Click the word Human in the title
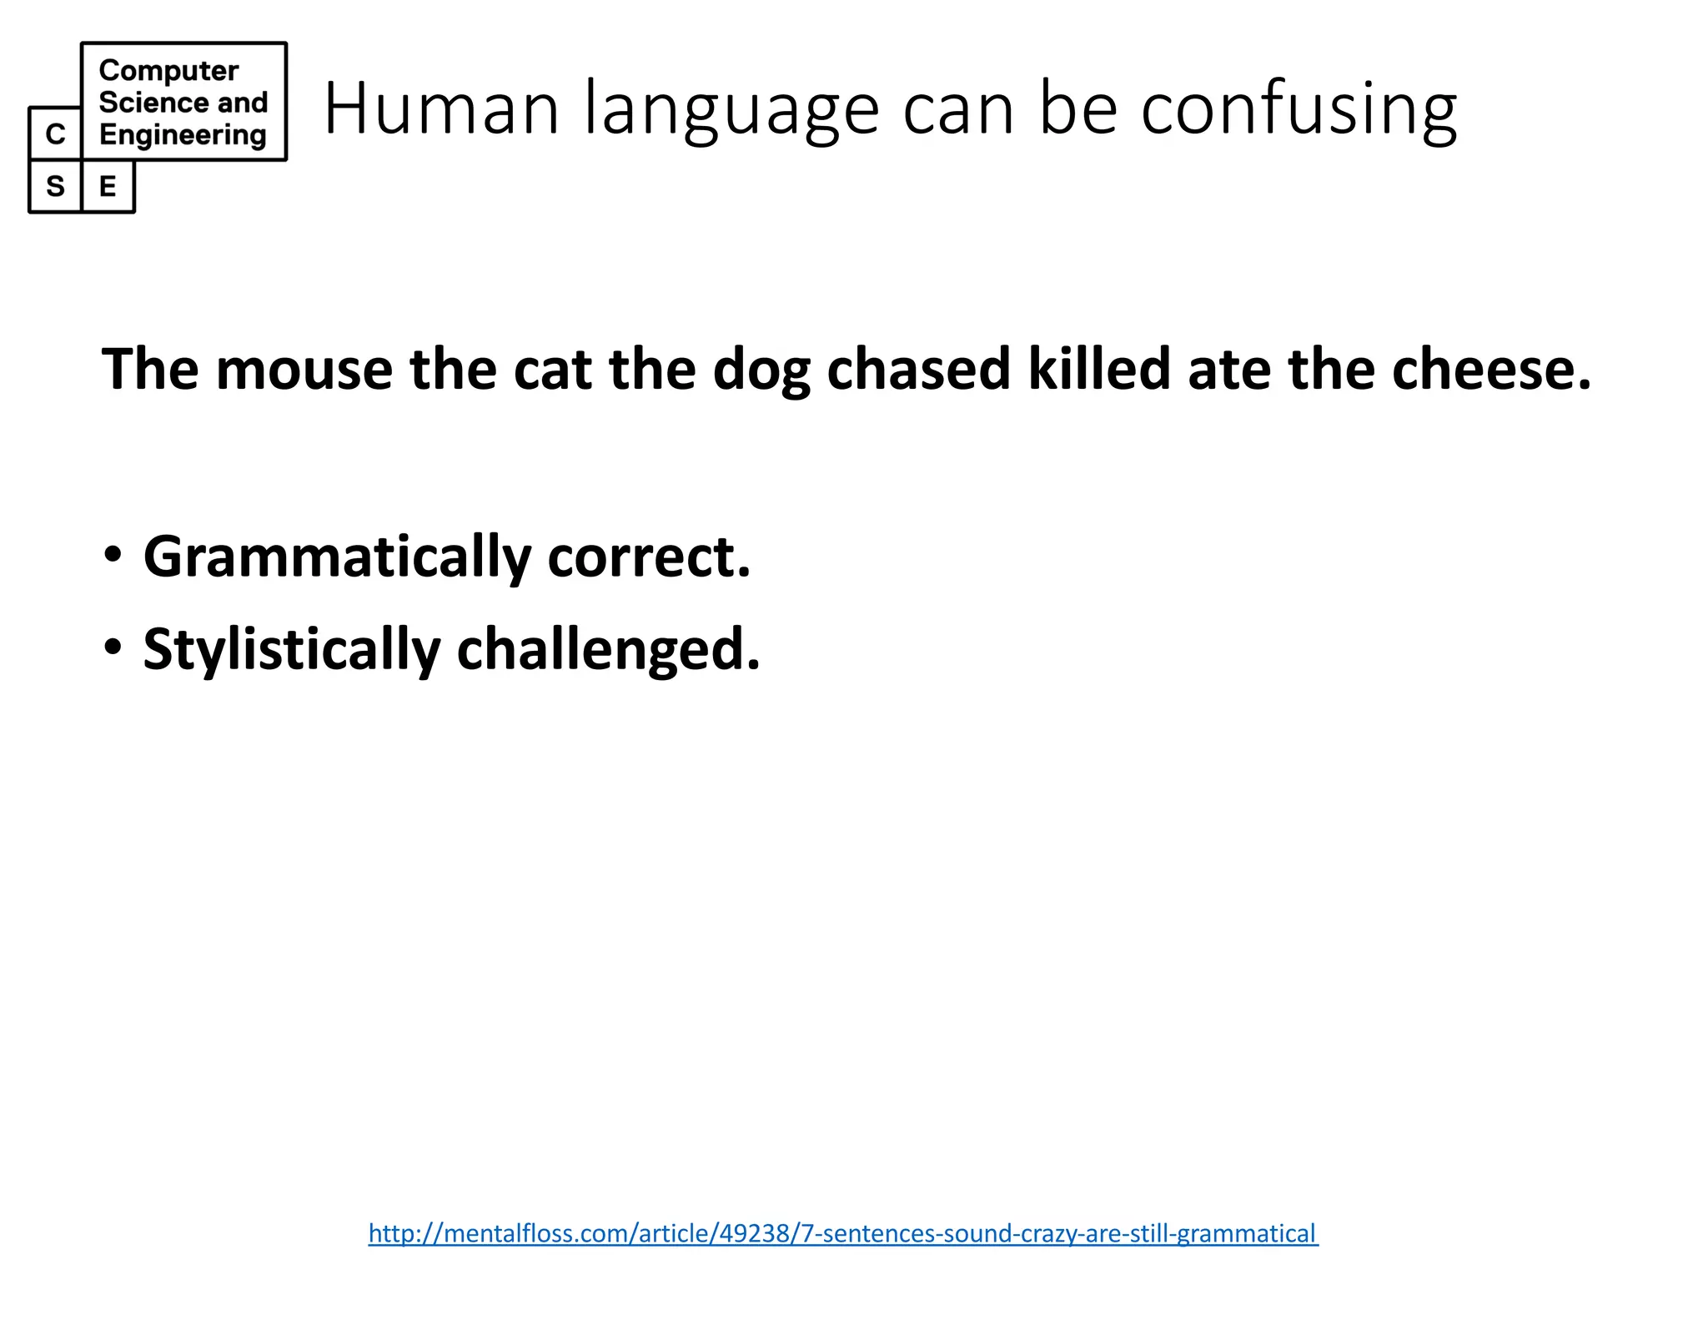click(x=441, y=108)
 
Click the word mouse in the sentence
click(x=304, y=369)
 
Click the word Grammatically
click(x=337, y=557)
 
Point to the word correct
click(x=649, y=557)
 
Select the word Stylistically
click(x=291, y=650)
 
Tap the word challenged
click(x=608, y=650)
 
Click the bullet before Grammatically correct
click(x=113, y=554)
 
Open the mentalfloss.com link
click(x=843, y=1232)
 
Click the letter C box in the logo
click(x=55, y=134)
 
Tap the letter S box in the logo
click(x=55, y=186)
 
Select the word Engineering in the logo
click(x=183, y=134)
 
